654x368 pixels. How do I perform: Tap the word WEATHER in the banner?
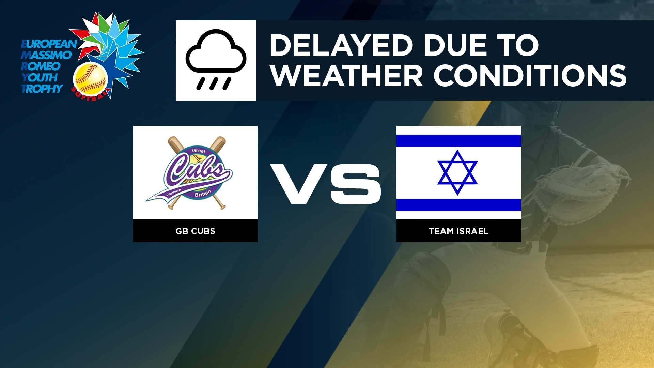click(x=347, y=75)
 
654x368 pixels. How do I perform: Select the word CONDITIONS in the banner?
click(x=530, y=75)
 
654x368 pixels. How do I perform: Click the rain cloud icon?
click(x=216, y=60)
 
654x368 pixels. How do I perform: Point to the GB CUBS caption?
click(x=195, y=231)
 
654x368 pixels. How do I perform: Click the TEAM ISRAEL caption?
click(x=458, y=231)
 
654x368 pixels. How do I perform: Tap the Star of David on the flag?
click(x=457, y=172)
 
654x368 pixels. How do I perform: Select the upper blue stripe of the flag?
click(x=458, y=141)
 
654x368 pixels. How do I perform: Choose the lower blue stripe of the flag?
click(x=458, y=205)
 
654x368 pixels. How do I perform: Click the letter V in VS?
click(x=299, y=184)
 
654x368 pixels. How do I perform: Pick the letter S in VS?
click(x=355, y=184)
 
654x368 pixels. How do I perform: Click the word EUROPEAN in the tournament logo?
click(x=49, y=44)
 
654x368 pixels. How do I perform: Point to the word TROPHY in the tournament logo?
click(x=42, y=89)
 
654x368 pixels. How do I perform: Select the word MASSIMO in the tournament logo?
click(x=46, y=55)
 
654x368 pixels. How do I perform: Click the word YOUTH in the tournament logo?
click(x=40, y=77)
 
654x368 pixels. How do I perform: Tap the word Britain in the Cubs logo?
click(x=203, y=193)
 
